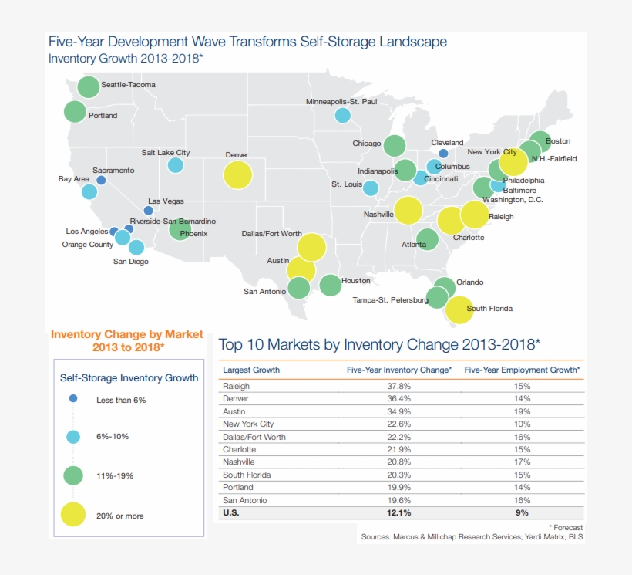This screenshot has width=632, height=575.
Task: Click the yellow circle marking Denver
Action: pos(237,175)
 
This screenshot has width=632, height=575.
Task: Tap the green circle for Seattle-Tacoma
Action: pos(89,87)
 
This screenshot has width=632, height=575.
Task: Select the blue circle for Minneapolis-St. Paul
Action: pos(342,116)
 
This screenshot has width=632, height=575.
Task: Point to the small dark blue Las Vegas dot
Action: pos(149,210)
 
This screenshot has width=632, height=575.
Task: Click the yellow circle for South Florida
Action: pos(459,309)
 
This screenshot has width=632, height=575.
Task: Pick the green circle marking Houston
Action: pos(330,286)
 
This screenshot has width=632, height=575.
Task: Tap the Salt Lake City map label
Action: pos(166,153)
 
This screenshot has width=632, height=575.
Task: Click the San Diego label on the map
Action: pos(131,262)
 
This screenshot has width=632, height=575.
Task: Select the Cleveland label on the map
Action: pos(447,143)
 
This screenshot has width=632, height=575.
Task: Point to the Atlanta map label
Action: pos(414,245)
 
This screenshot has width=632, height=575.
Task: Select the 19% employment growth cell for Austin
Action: pos(522,411)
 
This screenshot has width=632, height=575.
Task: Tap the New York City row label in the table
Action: pos(248,424)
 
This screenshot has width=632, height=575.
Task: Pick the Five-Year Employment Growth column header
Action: pos(522,370)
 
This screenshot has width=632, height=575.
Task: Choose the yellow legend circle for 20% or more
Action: pos(73,515)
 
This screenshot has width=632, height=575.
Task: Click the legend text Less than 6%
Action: pos(121,400)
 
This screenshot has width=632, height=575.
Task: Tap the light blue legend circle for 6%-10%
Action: pos(73,437)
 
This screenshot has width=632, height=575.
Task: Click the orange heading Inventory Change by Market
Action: pos(127,334)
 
